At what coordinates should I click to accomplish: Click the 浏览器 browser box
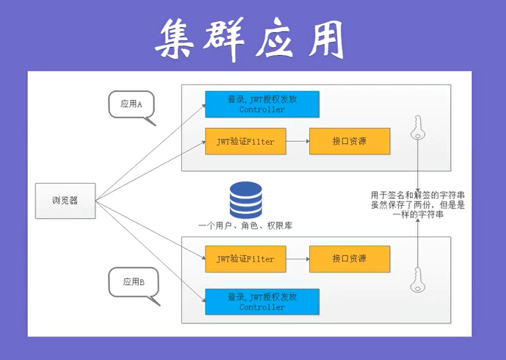(65, 201)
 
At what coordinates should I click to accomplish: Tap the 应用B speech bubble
(132, 283)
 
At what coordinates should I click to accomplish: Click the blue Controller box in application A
(262, 104)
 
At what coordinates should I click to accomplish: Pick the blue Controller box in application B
(262, 302)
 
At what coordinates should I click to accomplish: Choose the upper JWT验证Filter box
(245, 141)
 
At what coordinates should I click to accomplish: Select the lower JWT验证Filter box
(245, 259)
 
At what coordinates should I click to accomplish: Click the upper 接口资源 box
(349, 141)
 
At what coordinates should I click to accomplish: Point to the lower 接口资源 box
(349, 259)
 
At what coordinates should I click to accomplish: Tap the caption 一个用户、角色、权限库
(245, 226)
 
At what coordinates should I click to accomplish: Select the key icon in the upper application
(418, 128)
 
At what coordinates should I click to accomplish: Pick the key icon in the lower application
(418, 278)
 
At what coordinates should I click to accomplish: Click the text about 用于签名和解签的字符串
(417, 205)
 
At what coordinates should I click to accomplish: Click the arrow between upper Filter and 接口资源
(296, 141)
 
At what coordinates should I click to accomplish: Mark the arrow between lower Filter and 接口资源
(296, 259)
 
